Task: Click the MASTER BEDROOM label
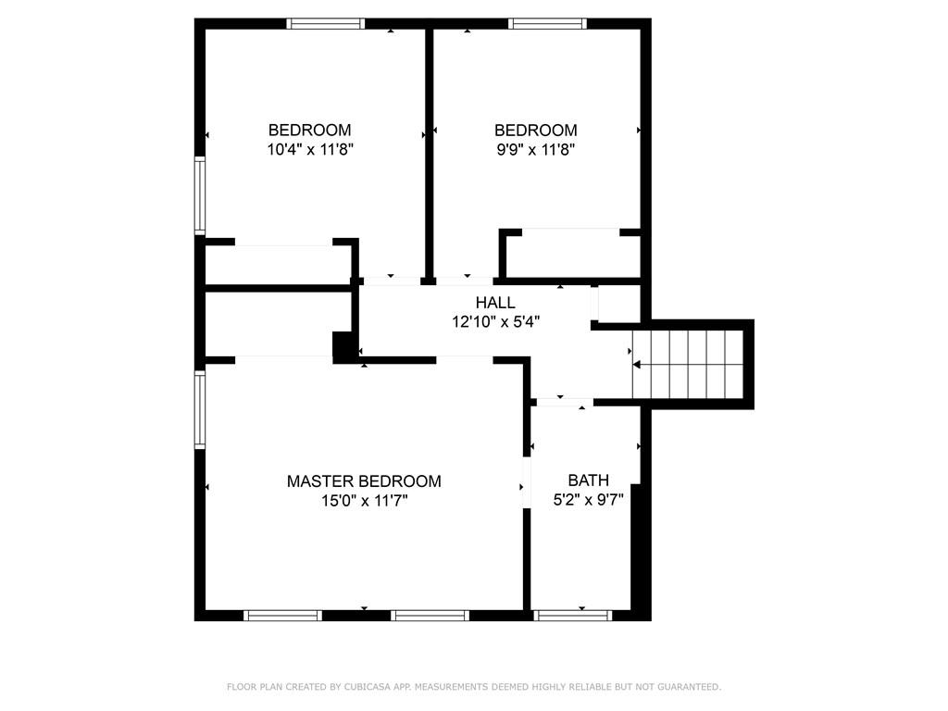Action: coord(364,481)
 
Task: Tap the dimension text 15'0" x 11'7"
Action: coord(364,501)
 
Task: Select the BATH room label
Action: coord(588,480)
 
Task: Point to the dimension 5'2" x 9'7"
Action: coord(588,500)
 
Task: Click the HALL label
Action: coord(495,303)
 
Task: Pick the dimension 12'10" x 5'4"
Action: coord(495,322)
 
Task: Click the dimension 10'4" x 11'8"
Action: coord(310,149)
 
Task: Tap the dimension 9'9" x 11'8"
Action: coord(535,149)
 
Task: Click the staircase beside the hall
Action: coord(689,364)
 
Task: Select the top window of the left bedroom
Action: coord(326,24)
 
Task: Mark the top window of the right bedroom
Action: coord(547,24)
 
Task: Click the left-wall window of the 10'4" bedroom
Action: coord(199,195)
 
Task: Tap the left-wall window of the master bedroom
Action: coord(199,410)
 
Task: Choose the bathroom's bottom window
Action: coord(573,615)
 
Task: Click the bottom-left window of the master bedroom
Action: coord(282,615)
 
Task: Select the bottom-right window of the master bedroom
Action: coord(430,615)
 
